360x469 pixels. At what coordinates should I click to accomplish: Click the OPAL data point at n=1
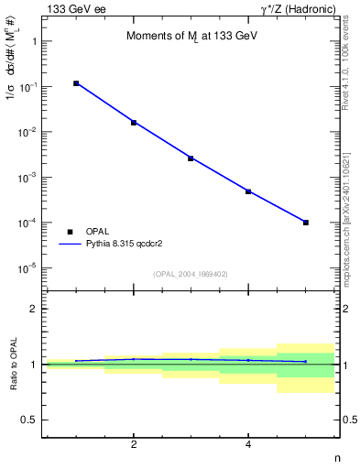[76, 83]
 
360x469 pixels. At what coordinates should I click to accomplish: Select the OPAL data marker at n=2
[134, 122]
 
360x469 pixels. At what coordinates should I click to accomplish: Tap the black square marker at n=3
[191, 158]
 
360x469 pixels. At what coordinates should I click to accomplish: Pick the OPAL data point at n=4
[248, 191]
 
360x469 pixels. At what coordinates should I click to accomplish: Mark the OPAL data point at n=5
[306, 223]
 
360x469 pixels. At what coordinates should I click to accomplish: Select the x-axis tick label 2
[134, 445]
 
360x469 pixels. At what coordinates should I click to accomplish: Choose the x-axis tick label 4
[248, 445]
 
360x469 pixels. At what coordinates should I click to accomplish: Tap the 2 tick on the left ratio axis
[33, 309]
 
